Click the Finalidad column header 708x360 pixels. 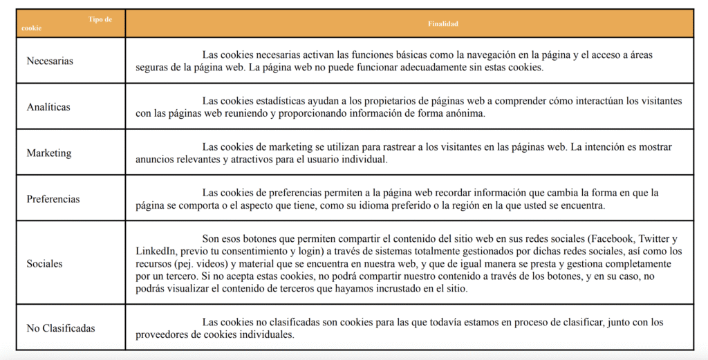click(443, 23)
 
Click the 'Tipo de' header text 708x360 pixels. click(100, 19)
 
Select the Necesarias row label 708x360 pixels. click(50, 61)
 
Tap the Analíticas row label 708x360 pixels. click(48, 107)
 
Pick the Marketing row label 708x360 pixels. click(49, 153)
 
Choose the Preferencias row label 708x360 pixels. click(53, 199)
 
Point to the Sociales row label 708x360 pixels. click(44, 263)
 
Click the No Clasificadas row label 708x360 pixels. click(61, 328)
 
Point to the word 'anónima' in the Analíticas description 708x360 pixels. click(460, 114)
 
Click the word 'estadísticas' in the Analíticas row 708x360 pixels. click(288, 101)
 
